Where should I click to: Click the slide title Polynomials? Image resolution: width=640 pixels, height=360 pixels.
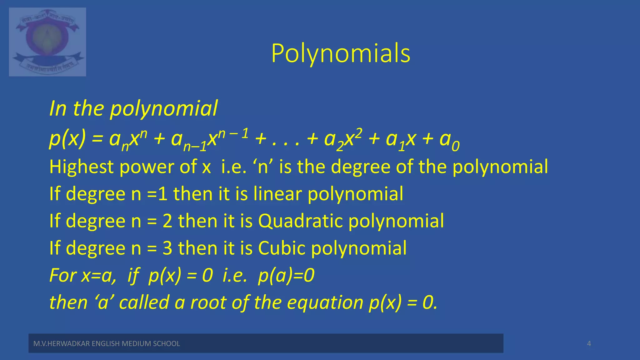[341, 54]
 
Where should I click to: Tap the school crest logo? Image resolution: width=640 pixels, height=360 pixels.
[47, 42]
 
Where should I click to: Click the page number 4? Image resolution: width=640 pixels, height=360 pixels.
[589, 344]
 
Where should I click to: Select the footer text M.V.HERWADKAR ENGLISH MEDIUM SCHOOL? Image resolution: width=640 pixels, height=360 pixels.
[107, 344]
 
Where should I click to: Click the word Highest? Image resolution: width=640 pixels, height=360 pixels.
[81, 167]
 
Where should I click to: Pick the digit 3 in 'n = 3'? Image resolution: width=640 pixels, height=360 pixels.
[167, 248]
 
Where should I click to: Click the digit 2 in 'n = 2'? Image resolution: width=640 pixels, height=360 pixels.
[167, 221]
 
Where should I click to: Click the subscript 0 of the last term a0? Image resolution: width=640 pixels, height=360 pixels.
[456, 146]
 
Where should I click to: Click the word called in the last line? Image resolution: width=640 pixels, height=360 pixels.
[144, 302]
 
